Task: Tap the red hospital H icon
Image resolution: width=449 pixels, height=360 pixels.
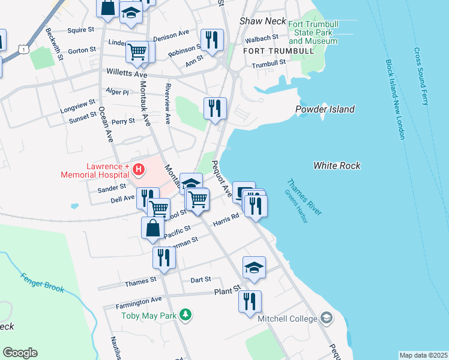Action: (139, 170)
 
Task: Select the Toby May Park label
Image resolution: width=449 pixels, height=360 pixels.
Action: (150, 316)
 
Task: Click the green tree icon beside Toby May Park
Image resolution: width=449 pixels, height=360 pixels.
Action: (186, 314)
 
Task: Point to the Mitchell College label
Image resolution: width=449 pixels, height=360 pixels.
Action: (287, 319)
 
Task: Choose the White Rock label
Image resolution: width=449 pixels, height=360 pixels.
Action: (337, 165)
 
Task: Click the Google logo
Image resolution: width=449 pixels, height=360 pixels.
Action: (20, 353)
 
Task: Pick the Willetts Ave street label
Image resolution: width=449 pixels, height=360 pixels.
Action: (127, 73)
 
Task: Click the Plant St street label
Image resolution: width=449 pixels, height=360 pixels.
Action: (228, 292)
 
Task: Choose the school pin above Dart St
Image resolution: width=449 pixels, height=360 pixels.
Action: (254, 267)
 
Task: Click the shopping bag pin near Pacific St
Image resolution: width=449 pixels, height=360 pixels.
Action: (152, 228)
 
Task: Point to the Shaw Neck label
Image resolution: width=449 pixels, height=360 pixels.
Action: (263, 21)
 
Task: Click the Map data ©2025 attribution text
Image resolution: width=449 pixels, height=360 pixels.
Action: (423, 355)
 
